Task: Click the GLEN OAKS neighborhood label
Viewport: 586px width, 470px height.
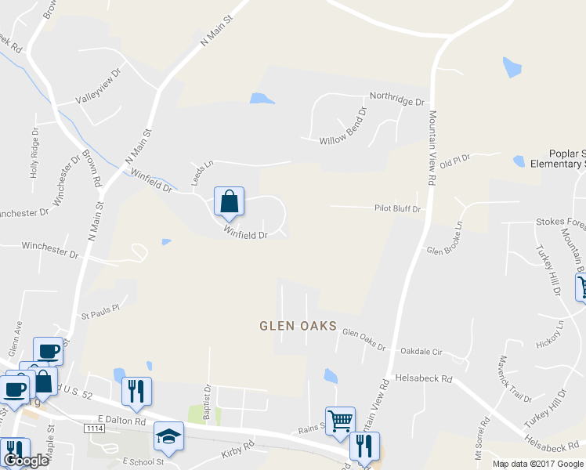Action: [x=298, y=325]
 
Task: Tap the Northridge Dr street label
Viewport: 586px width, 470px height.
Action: [x=397, y=102]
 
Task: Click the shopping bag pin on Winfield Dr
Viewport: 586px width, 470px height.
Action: [x=229, y=202]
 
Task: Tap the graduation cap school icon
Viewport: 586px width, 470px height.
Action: [x=168, y=437]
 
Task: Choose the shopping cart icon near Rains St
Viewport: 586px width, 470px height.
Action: [x=340, y=421]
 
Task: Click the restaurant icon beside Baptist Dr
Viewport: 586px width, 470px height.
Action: [x=136, y=392]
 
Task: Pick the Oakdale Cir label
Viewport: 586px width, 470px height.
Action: [x=421, y=352]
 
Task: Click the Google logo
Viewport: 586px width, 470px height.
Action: [x=25, y=461]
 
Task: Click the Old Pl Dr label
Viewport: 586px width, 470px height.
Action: [x=454, y=161]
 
